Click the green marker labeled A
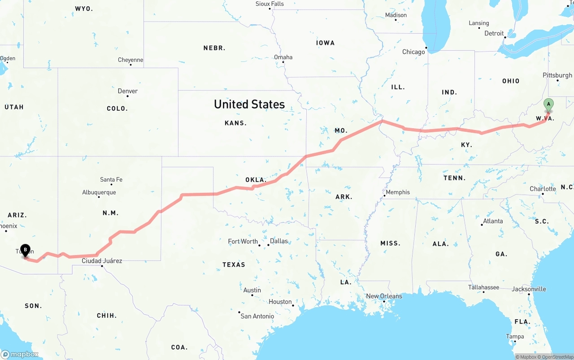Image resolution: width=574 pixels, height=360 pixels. (548, 105)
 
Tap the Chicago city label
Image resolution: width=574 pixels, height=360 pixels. (413, 52)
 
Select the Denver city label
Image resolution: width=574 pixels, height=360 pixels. (128, 91)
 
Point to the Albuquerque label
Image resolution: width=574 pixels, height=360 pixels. (99, 192)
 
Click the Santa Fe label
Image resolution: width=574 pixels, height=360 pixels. (111, 179)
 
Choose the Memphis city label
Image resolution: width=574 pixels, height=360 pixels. (398, 192)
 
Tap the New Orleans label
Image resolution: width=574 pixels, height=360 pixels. (384, 296)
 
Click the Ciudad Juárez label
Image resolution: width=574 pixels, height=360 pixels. (102, 260)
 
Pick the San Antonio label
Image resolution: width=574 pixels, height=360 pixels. (257, 316)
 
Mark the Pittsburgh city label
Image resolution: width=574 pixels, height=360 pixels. (557, 75)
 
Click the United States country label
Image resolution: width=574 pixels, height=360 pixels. (249, 104)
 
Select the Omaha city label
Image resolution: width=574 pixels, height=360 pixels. (283, 57)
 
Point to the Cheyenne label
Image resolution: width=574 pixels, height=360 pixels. (130, 60)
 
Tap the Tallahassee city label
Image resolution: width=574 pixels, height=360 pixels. (483, 287)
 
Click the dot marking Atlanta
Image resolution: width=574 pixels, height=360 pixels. (482, 225)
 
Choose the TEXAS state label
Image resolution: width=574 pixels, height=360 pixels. (234, 265)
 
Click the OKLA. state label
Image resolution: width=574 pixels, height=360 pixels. (256, 180)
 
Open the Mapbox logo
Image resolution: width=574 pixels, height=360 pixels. (20, 354)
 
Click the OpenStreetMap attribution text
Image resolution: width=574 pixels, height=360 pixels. (557, 357)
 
